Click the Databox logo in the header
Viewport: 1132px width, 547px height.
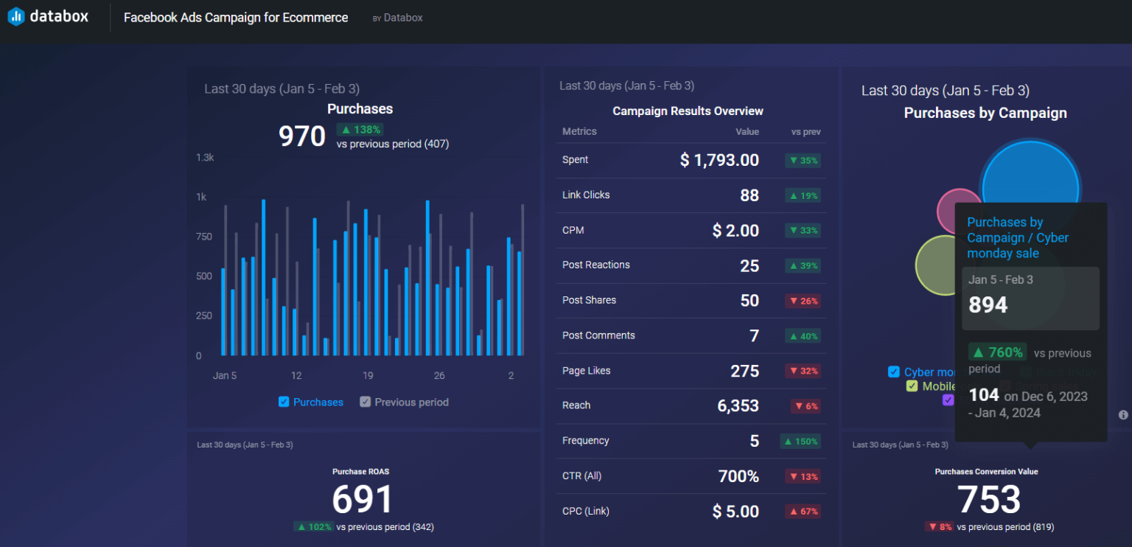(48, 17)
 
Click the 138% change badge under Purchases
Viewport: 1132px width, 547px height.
(359, 130)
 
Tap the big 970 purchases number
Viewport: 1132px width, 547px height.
(302, 136)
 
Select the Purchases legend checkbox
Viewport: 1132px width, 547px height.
(284, 402)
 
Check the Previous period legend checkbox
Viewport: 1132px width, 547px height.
(365, 402)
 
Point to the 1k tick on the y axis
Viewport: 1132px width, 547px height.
(200, 197)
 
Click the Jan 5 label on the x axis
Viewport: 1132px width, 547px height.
(225, 375)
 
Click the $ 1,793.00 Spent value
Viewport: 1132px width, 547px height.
(719, 160)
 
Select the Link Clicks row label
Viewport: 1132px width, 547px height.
(586, 195)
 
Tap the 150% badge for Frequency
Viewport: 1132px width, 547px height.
(800, 441)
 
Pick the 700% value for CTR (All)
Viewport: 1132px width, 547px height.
(738, 476)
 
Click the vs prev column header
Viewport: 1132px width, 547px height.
(806, 132)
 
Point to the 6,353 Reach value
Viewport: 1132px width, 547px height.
(738, 405)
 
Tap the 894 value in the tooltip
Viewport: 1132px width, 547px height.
(988, 304)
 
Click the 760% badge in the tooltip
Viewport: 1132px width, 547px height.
(997, 352)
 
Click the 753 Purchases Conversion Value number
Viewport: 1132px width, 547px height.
(988, 500)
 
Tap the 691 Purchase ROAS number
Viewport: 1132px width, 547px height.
(362, 500)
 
